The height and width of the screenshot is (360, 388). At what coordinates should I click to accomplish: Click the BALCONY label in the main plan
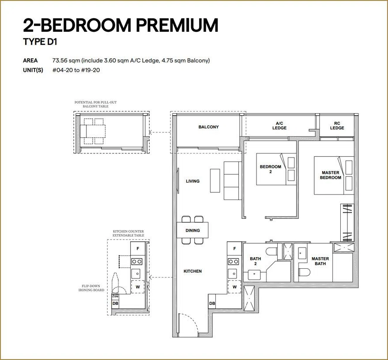point(208,127)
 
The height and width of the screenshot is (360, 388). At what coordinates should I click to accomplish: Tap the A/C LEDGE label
point(279,126)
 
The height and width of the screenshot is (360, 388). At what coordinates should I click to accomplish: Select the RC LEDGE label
point(337,126)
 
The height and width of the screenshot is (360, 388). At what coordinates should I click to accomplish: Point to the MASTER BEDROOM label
point(330,175)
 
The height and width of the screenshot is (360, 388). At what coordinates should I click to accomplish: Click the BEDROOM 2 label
point(271,169)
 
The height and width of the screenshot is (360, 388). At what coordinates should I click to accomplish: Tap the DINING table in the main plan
point(192,230)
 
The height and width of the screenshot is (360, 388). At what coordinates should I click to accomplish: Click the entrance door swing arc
point(193,319)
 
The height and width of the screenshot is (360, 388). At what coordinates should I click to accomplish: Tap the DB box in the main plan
point(212,304)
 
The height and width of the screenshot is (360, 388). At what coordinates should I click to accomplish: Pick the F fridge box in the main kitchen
point(234,249)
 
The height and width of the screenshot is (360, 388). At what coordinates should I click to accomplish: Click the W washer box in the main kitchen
point(234,287)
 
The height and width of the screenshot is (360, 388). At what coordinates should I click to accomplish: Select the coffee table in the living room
point(215,180)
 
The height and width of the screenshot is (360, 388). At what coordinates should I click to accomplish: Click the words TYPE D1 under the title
point(40,42)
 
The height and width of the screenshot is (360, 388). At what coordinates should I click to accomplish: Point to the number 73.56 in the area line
point(60,60)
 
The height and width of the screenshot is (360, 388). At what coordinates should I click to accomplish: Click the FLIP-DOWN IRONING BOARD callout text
point(91,288)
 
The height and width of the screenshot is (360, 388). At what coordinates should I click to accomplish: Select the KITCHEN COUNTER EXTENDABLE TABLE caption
point(128,233)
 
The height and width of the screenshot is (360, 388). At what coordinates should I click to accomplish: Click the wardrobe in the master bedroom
point(347,222)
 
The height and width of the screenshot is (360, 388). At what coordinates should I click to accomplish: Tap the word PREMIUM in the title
point(177,25)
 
